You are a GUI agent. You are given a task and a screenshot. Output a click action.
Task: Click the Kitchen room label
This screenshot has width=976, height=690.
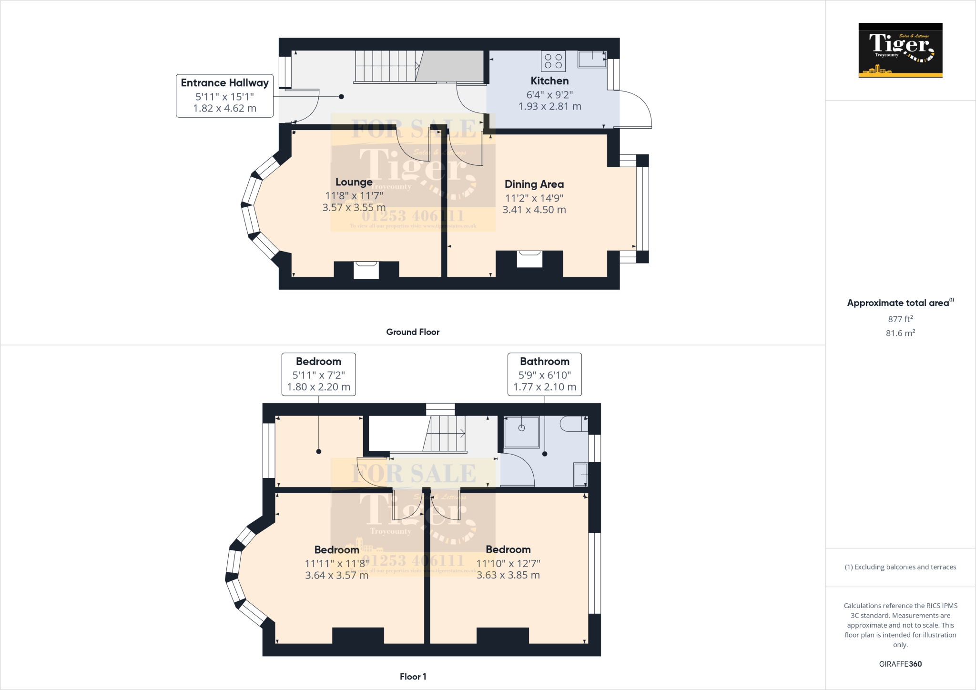tap(549, 81)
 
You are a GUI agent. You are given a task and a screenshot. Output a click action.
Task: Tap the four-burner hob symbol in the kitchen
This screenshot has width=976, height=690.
tap(553, 61)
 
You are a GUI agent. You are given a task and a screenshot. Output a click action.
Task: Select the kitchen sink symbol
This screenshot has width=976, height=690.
tap(592, 59)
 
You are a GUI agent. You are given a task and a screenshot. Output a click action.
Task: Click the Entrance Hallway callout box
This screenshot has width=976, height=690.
tap(224, 95)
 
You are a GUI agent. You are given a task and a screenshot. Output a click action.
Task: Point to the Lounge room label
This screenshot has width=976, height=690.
tap(354, 182)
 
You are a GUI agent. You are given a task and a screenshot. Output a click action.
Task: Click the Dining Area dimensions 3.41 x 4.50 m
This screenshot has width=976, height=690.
tap(534, 210)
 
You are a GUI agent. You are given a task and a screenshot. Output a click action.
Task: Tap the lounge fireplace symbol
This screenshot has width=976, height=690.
tap(366, 270)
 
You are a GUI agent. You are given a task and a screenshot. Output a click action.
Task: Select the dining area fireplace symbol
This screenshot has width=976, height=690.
tap(529, 259)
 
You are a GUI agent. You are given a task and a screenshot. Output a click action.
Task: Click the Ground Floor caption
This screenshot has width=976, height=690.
tap(413, 332)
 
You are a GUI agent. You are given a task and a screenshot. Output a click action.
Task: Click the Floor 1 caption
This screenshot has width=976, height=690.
tap(413, 677)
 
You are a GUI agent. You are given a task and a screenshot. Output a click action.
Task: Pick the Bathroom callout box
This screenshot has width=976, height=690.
tap(544, 374)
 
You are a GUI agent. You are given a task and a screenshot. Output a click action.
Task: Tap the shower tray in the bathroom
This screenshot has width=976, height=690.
tap(522, 432)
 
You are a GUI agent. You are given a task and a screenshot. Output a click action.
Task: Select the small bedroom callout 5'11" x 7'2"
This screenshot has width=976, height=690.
tap(318, 374)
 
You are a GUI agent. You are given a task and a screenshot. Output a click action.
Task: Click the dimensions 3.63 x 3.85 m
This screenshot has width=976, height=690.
tap(508, 575)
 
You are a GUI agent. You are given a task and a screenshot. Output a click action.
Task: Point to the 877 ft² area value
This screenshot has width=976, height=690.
tap(900, 319)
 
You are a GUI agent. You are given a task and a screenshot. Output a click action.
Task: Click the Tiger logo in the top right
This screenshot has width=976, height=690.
tap(900, 50)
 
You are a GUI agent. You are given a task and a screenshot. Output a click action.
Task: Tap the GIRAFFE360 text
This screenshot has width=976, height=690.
tap(900, 664)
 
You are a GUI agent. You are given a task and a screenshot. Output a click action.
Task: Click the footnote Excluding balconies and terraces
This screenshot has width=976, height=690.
tap(900, 567)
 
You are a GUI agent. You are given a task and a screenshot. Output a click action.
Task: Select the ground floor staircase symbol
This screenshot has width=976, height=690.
tap(386, 66)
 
